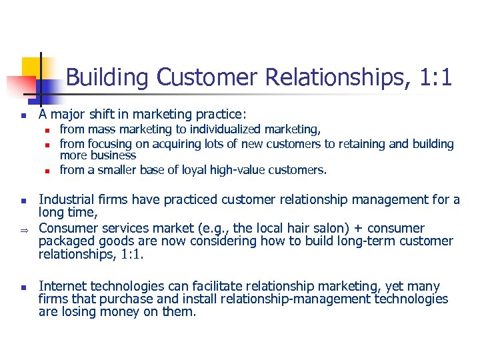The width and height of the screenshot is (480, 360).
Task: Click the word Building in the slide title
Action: pyautogui.click(x=108, y=78)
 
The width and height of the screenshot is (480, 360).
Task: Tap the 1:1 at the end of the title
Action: pyautogui.click(x=437, y=78)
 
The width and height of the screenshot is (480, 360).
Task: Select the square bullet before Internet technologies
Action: pyautogui.click(x=22, y=287)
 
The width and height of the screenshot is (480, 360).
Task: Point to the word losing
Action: pyautogui.click(x=76, y=311)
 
